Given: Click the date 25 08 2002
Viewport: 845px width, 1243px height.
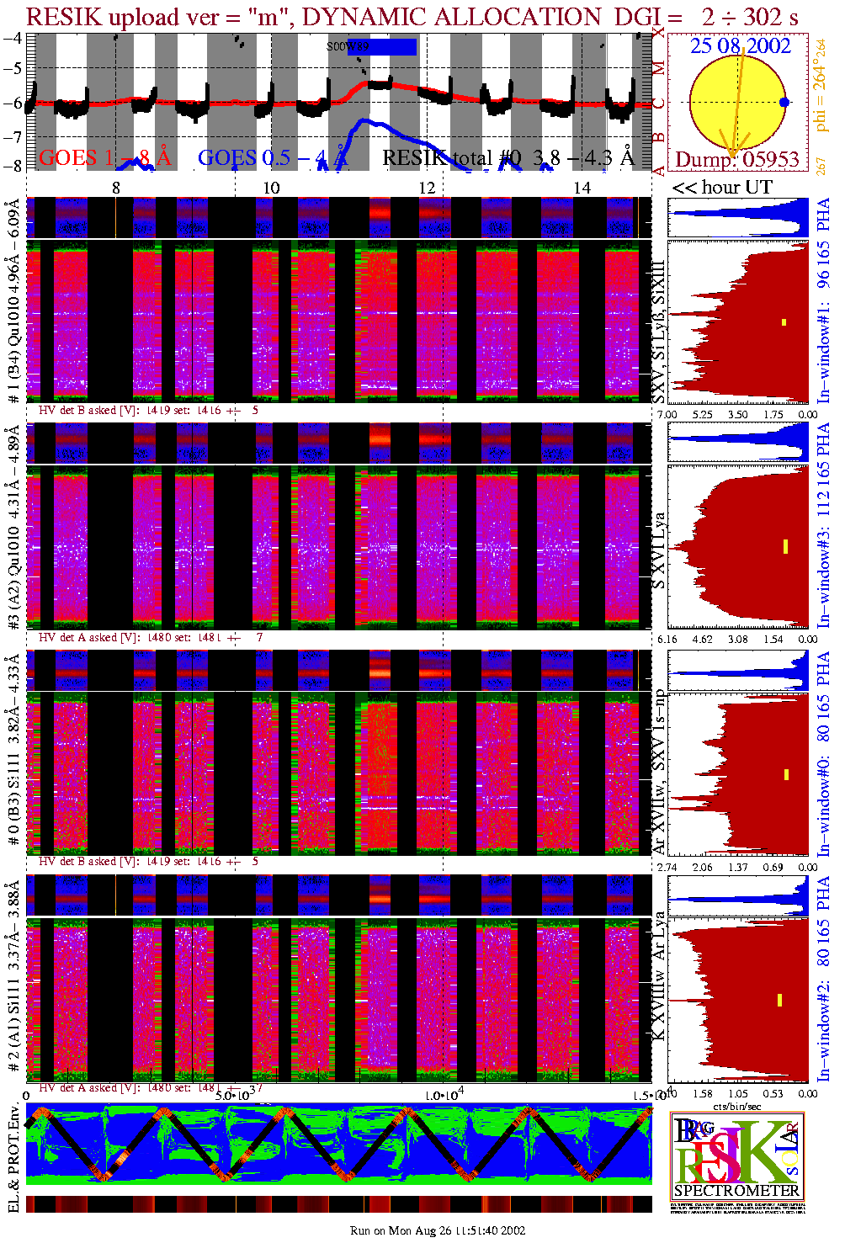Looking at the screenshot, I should [x=741, y=45].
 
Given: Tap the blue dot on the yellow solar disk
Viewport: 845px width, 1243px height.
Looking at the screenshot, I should [x=784, y=103].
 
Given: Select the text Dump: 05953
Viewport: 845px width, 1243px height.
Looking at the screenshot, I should [x=737, y=159].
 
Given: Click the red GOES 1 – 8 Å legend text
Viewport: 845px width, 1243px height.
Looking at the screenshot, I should [x=104, y=157].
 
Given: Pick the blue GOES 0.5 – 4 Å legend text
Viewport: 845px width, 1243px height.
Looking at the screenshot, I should [x=273, y=157].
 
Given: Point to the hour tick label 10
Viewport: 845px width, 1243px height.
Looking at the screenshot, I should [x=271, y=188].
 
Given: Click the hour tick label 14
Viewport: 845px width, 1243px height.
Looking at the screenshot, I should [x=582, y=188].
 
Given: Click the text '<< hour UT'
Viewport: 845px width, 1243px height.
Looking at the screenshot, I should [x=722, y=187].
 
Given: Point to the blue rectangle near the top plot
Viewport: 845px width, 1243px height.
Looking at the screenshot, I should [x=392, y=47].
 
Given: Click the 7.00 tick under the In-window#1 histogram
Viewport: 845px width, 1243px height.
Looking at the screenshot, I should [x=667, y=414].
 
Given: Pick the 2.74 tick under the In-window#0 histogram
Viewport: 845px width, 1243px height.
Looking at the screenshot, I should [x=667, y=867].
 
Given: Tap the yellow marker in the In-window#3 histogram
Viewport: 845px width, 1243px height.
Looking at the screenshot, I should [x=785, y=546].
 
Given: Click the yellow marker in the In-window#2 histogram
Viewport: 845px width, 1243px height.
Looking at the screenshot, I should [x=779, y=1000].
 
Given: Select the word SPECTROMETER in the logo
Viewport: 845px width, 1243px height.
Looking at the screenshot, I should [x=736, y=1190].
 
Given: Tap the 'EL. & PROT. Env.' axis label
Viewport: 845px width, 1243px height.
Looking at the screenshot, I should [x=13, y=1160].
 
